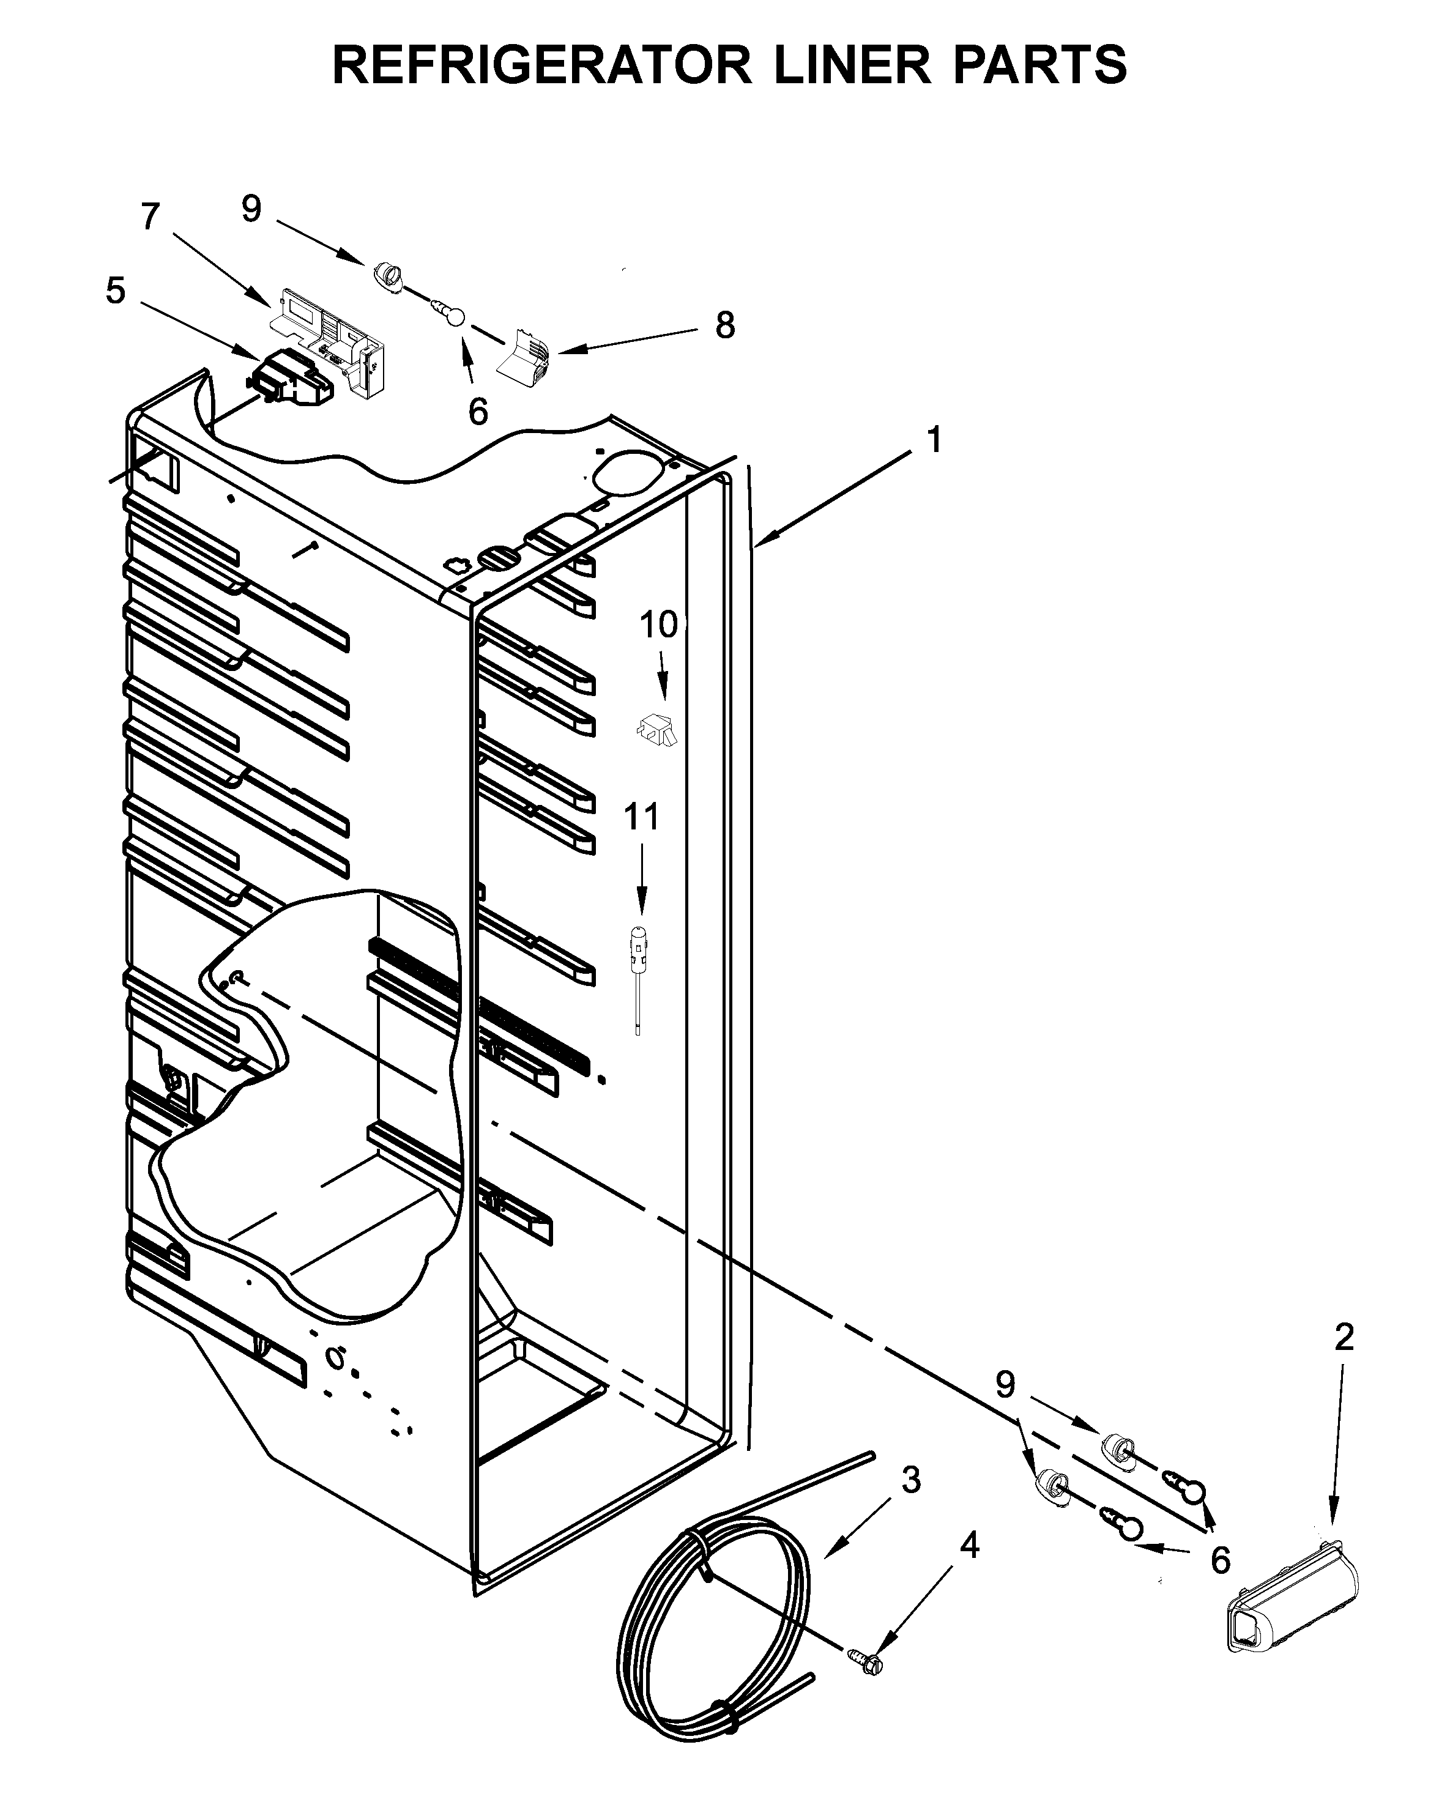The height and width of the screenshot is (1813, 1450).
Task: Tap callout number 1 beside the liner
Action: pyautogui.click(x=934, y=440)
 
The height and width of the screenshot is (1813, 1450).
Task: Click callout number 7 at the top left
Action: pyautogui.click(x=150, y=217)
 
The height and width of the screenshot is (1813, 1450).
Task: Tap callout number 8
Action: pyautogui.click(x=724, y=325)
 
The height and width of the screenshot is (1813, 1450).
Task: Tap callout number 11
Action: pyautogui.click(x=641, y=817)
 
